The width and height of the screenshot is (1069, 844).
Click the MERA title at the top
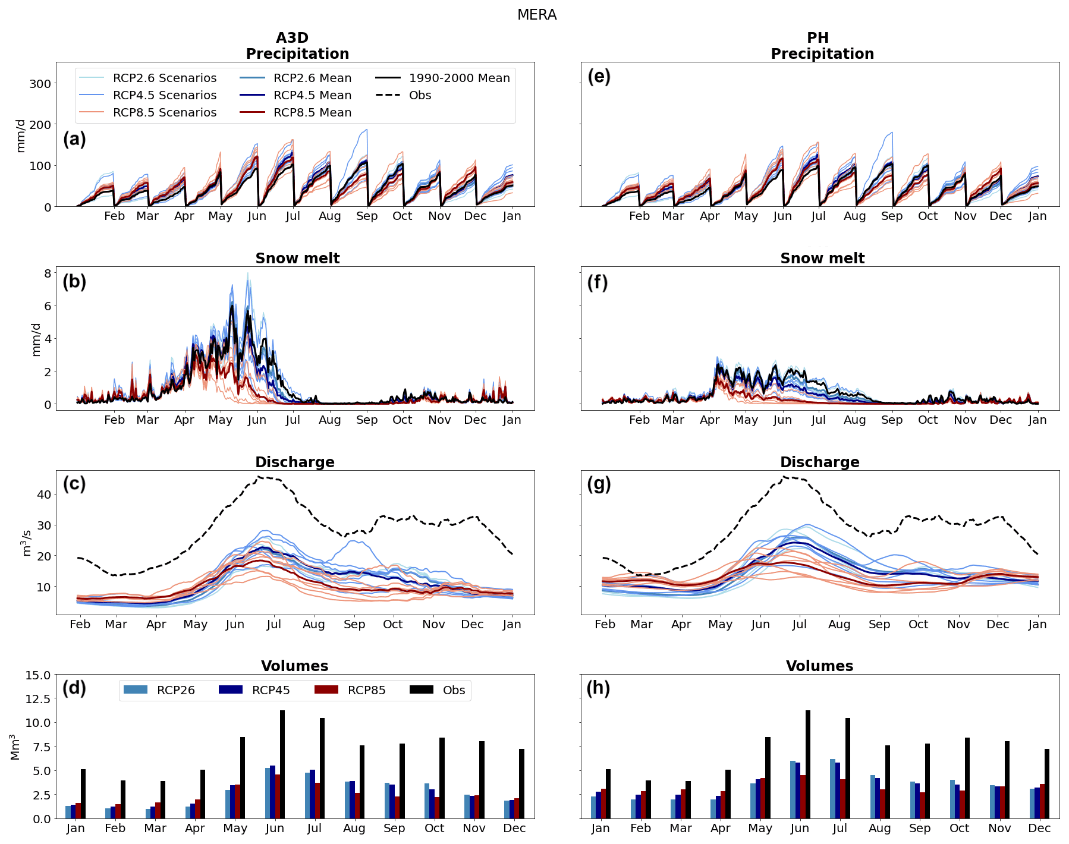pyautogui.click(x=536, y=15)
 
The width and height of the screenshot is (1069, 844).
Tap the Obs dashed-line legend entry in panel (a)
pyautogui.click(x=404, y=95)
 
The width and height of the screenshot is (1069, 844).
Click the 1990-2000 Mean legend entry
pyautogui.click(x=443, y=78)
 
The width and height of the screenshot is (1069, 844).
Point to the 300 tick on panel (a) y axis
pyautogui.click(x=40, y=84)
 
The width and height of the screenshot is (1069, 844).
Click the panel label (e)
pyautogui.click(x=599, y=77)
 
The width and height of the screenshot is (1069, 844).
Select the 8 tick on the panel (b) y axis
pyautogui.click(x=48, y=273)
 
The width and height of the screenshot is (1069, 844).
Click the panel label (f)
pyautogui.click(x=598, y=282)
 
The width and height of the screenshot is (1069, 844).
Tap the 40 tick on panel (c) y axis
pyautogui.click(x=44, y=495)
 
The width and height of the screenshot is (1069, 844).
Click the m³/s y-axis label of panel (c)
pyautogui.click(x=26, y=543)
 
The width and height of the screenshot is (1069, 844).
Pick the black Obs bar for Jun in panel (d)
pyautogui.click(x=282, y=764)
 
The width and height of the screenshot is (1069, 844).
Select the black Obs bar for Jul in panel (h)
pyautogui.click(x=847, y=768)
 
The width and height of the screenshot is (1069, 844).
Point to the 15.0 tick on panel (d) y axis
pyautogui.click(x=38, y=675)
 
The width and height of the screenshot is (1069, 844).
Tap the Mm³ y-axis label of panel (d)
pyautogui.click(x=15, y=747)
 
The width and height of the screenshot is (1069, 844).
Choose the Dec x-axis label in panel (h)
pyautogui.click(x=1039, y=829)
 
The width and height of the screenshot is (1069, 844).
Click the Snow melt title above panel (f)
pyautogui.click(x=822, y=259)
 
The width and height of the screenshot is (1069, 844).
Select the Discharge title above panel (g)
pyautogui.click(x=819, y=462)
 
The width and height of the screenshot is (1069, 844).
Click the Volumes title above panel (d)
pyautogui.click(x=294, y=666)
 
